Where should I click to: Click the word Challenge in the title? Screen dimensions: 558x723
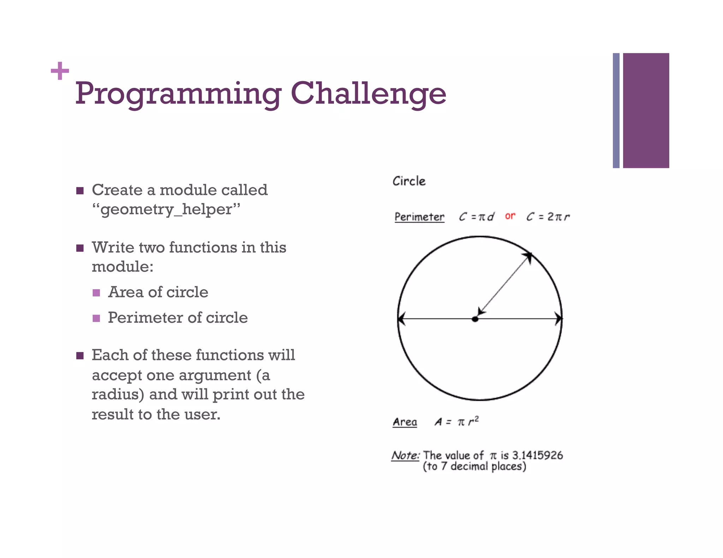tap(368, 93)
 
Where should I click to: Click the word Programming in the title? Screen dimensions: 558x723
tap(178, 94)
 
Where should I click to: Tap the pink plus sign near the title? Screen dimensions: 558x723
tap(60, 71)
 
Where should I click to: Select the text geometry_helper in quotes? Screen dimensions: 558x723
tap(166, 209)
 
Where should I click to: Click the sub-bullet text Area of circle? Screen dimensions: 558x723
tap(158, 292)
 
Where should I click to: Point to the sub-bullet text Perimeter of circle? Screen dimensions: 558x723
tap(178, 318)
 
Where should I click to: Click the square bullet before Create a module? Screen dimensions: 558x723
tap(80, 191)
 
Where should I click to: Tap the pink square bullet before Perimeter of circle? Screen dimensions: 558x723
tap(96, 319)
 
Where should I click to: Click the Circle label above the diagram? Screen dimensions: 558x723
tap(409, 181)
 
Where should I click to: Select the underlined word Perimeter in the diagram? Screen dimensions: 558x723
tap(419, 217)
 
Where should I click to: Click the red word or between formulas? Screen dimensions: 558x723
tap(510, 216)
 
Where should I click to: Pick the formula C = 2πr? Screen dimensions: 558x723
tap(548, 217)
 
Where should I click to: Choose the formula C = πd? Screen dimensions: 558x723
tap(476, 217)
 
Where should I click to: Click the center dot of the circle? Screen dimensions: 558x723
tap(475, 319)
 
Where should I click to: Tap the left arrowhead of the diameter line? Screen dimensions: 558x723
tap(401, 319)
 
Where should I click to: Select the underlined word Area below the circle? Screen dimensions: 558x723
tap(405, 422)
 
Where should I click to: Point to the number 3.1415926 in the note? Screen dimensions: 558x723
tap(537, 455)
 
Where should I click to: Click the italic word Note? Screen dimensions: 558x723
tap(405, 455)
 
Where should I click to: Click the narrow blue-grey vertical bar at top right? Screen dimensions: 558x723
tap(616, 110)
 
